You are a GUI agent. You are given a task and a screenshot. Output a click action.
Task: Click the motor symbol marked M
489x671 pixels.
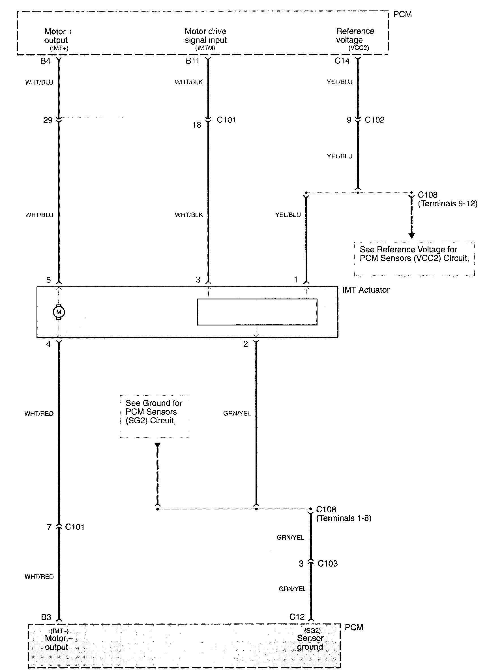[x=59, y=312]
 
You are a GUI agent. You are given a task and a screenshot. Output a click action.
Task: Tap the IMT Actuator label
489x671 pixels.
[x=366, y=290]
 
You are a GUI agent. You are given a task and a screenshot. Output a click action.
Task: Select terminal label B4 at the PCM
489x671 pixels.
[x=45, y=61]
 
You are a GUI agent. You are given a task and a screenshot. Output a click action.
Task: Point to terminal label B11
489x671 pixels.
[x=192, y=61]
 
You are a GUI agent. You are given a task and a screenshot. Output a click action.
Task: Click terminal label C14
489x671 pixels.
[x=342, y=61]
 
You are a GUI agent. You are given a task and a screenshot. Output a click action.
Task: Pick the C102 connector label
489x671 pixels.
[x=374, y=120]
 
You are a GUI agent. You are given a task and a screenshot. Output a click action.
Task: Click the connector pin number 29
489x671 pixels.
[x=48, y=120]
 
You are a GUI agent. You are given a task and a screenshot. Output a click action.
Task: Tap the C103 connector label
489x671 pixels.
[x=327, y=563]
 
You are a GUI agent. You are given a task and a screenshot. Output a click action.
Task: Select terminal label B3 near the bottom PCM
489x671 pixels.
[x=46, y=617]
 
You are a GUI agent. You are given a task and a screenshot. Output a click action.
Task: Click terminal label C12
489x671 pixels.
[x=297, y=617]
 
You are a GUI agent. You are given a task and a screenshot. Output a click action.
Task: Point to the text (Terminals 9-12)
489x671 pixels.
[x=448, y=204]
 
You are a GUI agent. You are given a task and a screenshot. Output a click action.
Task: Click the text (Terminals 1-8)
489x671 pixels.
[x=344, y=518]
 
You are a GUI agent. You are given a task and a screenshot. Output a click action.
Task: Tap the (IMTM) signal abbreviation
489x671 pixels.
[x=205, y=48]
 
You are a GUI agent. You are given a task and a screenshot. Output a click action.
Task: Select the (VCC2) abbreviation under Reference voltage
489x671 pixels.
[x=359, y=48]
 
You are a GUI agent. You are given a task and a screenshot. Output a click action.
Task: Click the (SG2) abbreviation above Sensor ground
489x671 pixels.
[x=312, y=631]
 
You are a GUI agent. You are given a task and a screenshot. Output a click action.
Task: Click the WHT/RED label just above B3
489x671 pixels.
[x=39, y=576]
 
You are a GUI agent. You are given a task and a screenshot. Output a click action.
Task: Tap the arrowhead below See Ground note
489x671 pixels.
[x=157, y=445]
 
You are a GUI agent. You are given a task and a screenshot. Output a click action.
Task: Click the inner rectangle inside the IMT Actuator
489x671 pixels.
[x=257, y=312]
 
